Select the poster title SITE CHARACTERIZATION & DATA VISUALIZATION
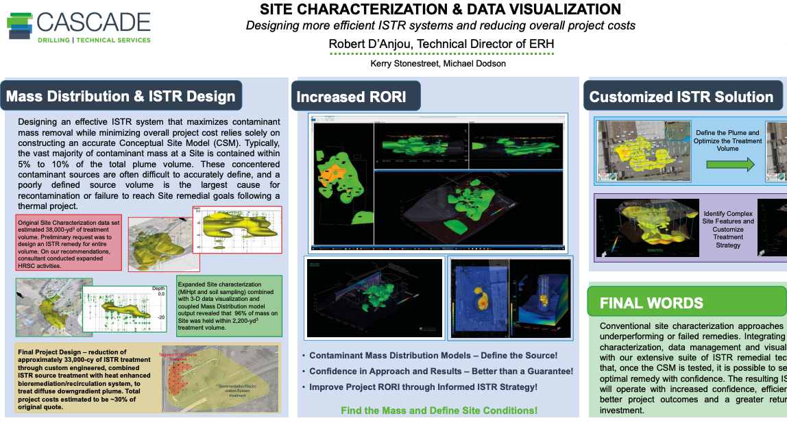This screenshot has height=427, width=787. [440, 10]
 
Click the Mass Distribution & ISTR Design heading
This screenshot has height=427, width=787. [121, 97]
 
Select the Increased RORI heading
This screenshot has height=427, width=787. [351, 97]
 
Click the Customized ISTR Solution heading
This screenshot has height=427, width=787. [681, 97]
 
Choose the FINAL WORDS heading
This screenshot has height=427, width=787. [651, 303]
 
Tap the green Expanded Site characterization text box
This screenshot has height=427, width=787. [228, 306]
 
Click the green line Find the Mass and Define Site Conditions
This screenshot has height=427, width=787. [439, 411]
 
